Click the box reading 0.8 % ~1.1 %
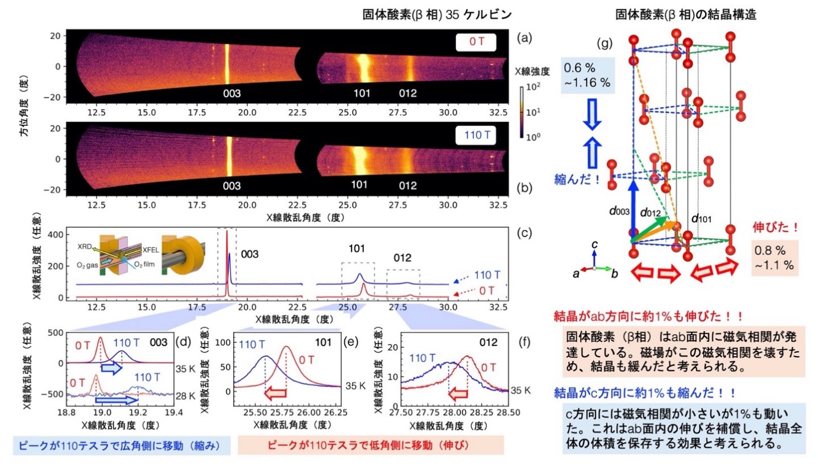(x=775, y=256)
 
